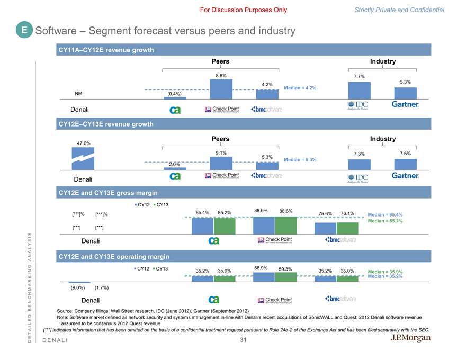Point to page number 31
(x=243, y=340)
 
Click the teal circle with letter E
(x=24, y=31)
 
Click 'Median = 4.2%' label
(x=300, y=88)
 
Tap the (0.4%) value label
(x=175, y=94)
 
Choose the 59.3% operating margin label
(x=286, y=269)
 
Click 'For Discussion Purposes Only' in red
(x=244, y=10)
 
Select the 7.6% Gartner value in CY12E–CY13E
(x=405, y=154)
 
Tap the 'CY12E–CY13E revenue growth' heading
(x=109, y=124)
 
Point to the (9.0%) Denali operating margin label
(x=78, y=288)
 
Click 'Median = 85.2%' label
(x=385, y=221)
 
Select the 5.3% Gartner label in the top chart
(x=405, y=82)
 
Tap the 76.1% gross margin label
(x=347, y=214)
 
